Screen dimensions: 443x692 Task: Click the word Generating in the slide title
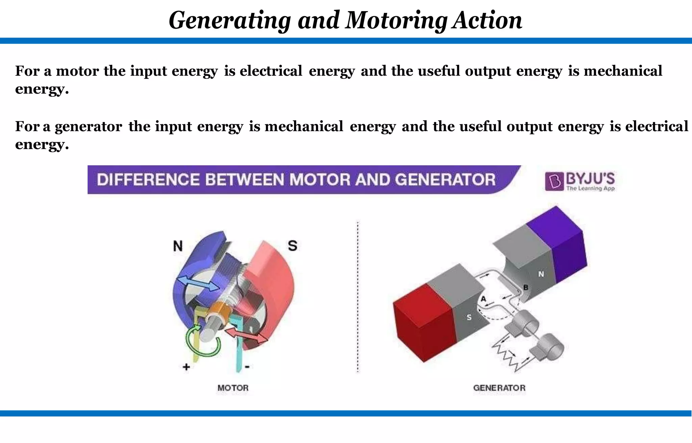(x=229, y=20)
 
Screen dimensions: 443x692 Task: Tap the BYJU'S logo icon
(x=554, y=181)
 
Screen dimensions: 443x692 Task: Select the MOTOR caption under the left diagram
(x=233, y=388)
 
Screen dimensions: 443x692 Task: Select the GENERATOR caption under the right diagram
(x=499, y=388)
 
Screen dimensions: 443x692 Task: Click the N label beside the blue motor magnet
(x=178, y=246)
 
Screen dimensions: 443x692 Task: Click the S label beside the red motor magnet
(x=293, y=246)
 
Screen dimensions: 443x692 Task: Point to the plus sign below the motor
(x=186, y=367)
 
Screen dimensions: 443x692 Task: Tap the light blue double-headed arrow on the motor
(x=198, y=283)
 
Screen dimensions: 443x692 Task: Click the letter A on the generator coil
(x=483, y=299)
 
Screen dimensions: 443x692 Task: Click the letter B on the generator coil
(x=526, y=288)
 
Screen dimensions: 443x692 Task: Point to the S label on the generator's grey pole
(x=469, y=317)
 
